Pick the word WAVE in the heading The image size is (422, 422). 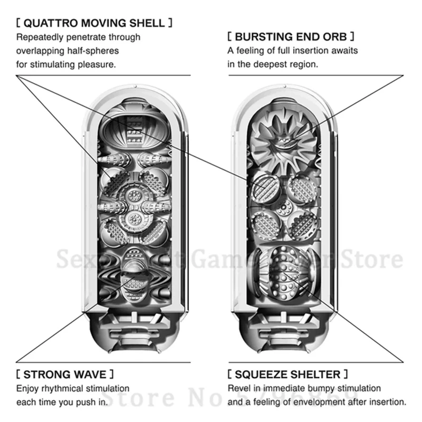tap(89, 375)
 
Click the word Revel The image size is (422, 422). tap(238, 389)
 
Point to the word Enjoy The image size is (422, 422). tap(27, 389)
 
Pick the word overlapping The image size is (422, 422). tap(40, 51)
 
